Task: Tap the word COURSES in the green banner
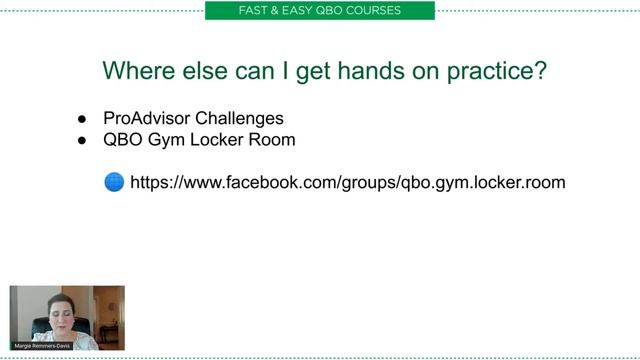click(373, 11)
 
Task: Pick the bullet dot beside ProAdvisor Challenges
click(83, 119)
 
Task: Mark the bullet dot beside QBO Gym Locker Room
click(83, 141)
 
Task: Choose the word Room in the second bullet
click(273, 140)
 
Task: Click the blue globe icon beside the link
click(114, 183)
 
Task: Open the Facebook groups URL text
click(348, 183)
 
